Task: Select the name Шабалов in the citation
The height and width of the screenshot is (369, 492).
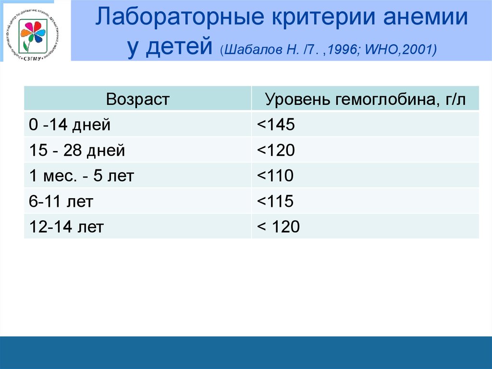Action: pos(255,50)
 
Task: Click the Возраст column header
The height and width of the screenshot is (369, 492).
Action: pos(138,99)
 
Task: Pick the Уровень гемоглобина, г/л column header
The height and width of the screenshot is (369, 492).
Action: pos(365,100)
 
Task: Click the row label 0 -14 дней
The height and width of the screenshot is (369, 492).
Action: pos(70,125)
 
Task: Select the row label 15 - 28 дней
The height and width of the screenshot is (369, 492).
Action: pos(77,151)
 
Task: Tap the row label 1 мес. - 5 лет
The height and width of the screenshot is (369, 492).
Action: pos(81,176)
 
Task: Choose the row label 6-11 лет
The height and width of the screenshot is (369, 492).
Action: pos(61,201)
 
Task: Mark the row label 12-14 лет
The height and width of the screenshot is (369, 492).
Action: pos(66,227)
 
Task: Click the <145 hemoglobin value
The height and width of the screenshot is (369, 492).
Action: pos(275,125)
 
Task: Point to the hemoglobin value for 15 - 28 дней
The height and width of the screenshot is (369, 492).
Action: pos(275,151)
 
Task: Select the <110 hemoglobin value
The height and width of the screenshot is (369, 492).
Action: pos(275,176)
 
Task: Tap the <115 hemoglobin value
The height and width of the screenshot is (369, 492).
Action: pos(275,201)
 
